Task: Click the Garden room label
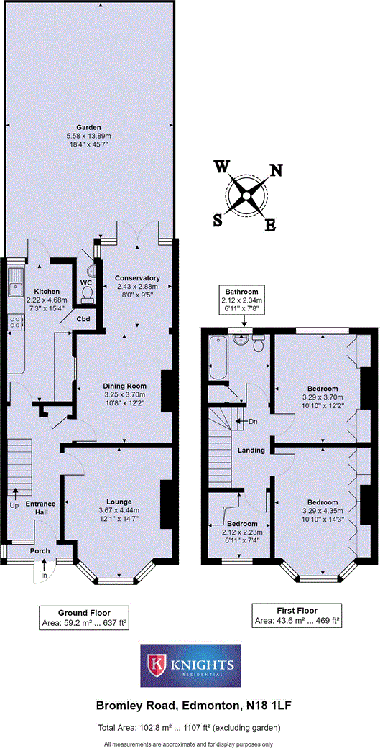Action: point(90,126)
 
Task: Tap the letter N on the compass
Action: point(275,170)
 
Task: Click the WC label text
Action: point(85,282)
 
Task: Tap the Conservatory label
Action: point(136,278)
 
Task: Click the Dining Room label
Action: point(125,386)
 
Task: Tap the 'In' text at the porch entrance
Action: point(44,576)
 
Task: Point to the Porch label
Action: point(39,551)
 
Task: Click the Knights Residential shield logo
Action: point(155,665)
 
